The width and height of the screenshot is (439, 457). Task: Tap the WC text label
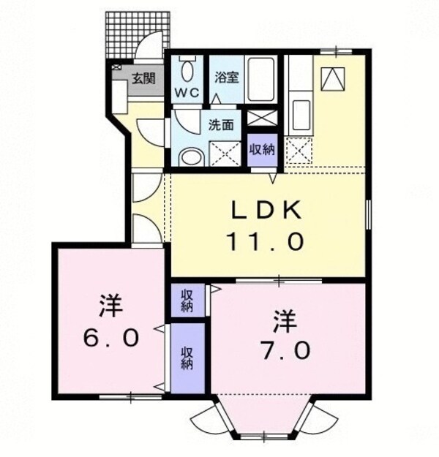point(187,94)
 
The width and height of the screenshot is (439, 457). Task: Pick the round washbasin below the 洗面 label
point(191,156)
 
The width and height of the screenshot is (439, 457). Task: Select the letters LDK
point(266,211)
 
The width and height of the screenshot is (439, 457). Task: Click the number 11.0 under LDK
point(266,242)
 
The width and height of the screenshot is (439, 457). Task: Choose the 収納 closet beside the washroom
point(261,150)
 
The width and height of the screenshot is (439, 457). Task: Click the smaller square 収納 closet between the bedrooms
point(187,300)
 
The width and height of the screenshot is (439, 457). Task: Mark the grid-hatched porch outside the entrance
point(138,34)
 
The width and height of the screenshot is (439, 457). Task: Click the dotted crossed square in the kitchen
point(298,151)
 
